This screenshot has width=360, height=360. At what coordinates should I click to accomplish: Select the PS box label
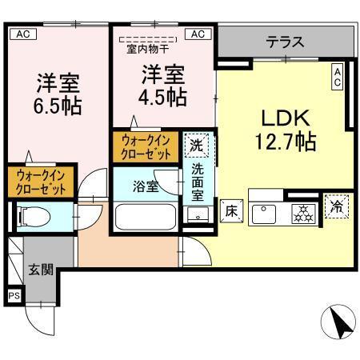click(14, 296)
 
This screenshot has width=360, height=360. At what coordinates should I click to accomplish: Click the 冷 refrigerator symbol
click(336, 206)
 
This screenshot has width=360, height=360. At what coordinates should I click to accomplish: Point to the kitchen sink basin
click(264, 214)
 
